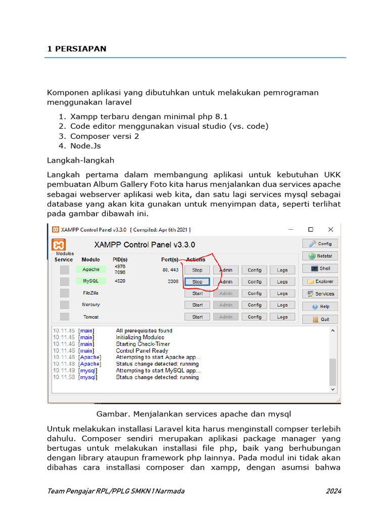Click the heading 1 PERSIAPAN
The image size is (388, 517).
tap(77, 49)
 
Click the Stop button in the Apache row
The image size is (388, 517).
tap(198, 270)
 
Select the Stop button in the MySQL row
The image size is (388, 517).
tap(198, 282)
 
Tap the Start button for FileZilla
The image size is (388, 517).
tap(198, 293)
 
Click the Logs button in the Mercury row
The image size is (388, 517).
tap(282, 305)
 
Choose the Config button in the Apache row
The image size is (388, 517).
tap(255, 270)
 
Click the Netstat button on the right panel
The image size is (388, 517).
tap(320, 256)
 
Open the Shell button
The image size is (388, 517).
tap(320, 269)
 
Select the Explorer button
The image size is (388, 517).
tap(320, 281)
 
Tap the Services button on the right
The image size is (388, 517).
tap(320, 294)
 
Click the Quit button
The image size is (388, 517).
tap(320, 319)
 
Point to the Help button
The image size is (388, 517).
tap(320, 306)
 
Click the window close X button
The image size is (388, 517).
tap(330, 230)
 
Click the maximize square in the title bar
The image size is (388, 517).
tap(311, 230)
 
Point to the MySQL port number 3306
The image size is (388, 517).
tap(173, 282)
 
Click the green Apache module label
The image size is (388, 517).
tap(91, 270)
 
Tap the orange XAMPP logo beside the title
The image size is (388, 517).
tap(59, 245)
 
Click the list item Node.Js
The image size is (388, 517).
tap(85, 146)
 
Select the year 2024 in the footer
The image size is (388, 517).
tap(333, 491)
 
